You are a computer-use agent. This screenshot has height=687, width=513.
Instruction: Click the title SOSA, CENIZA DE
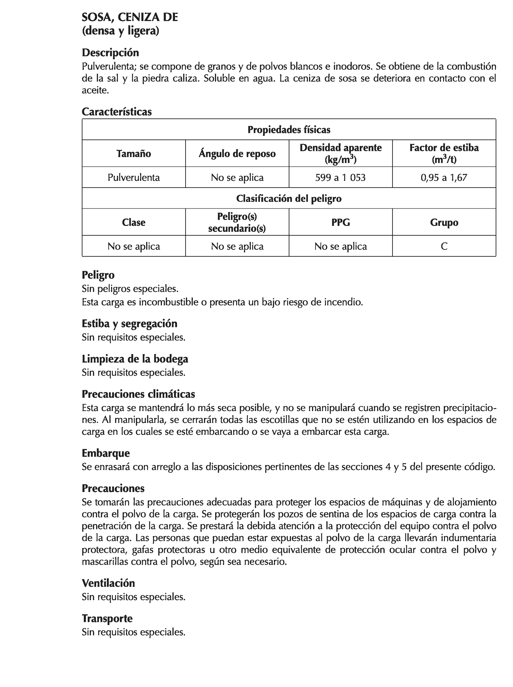coord(130,17)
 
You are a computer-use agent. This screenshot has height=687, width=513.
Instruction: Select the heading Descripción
coord(110,52)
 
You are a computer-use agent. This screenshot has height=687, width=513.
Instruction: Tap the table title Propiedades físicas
coord(289,129)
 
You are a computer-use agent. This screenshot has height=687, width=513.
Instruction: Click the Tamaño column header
coord(134,153)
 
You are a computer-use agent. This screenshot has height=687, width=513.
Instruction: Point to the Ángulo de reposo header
coord(237,153)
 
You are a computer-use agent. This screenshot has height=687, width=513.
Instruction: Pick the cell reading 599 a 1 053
coord(340,177)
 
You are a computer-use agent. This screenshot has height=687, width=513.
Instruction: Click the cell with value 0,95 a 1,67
coord(444,177)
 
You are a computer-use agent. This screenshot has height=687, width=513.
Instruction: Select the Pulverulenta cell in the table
coord(134,177)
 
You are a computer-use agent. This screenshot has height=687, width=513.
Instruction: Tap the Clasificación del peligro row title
coord(289,198)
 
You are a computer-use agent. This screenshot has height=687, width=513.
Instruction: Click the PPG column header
coord(340,222)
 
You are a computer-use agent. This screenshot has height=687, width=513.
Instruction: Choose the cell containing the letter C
coord(444,246)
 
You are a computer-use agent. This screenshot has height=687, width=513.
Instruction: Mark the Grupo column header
coord(444,222)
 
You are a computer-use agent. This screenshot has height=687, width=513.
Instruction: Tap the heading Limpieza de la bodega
coord(135,359)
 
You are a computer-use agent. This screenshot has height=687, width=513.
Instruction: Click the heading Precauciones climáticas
coord(138,394)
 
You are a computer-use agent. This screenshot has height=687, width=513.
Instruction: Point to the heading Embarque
coord(106,453)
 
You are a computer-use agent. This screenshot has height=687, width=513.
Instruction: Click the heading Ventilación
coord(108,583)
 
